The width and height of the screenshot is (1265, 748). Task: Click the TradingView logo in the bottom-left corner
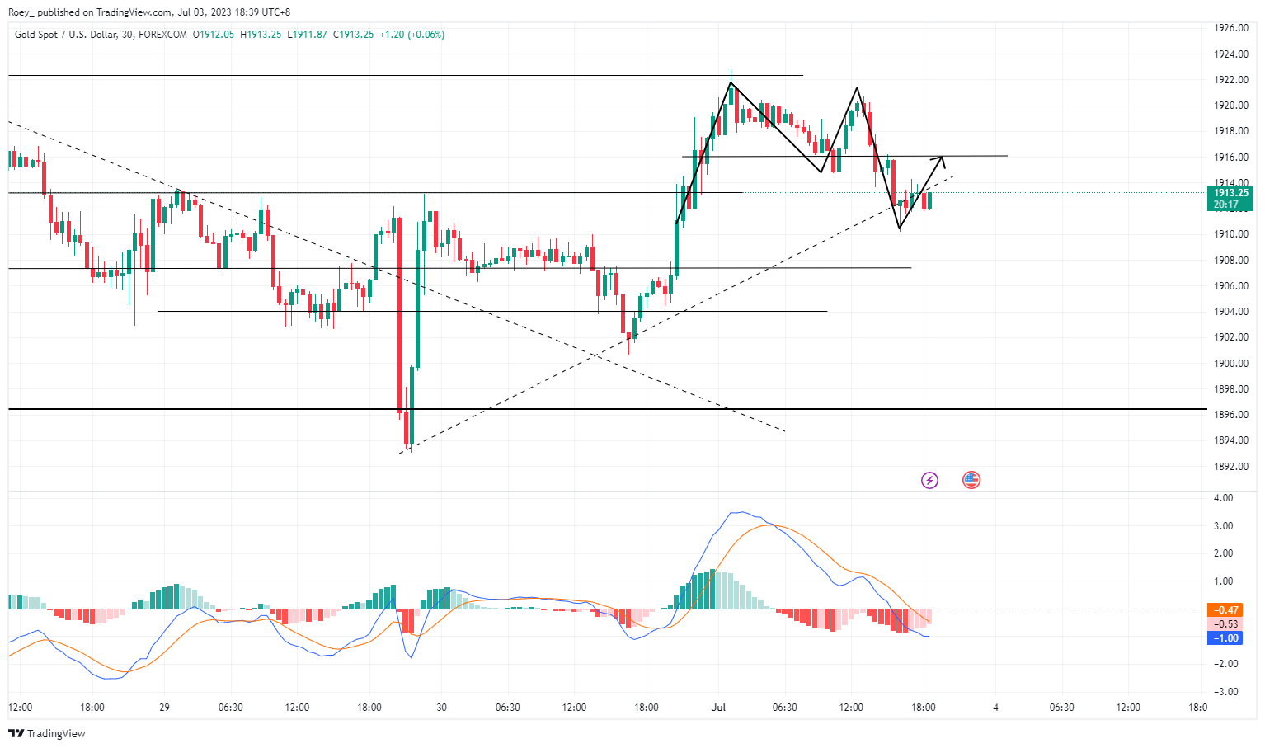(x=47, y=733)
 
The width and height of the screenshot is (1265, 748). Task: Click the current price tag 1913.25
(x=1230, y=193)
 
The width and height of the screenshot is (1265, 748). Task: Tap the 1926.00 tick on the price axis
(x=1230, y=28)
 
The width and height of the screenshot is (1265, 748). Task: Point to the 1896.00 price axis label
(x=1230, y=415)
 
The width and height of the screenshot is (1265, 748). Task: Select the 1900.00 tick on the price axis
(x=1230, y=363)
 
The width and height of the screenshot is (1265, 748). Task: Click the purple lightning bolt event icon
(x=929, y=480)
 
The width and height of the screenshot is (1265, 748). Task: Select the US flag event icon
(x=971, y=480)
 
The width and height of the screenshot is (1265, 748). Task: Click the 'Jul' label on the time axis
(x=718, y=708)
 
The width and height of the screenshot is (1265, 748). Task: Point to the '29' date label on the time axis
(x=164, y=708)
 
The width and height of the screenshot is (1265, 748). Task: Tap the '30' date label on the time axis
(x=441, y=708)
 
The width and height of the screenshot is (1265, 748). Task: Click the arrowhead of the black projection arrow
(x=941, y=158)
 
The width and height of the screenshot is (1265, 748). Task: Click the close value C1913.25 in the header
(x=353, y=35)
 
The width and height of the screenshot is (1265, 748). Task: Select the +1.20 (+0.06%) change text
(x=411, y=35)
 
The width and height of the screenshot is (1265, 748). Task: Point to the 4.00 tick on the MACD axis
(x=1223, y=498)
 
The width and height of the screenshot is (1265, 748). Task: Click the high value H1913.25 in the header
(x=261, y=35)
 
